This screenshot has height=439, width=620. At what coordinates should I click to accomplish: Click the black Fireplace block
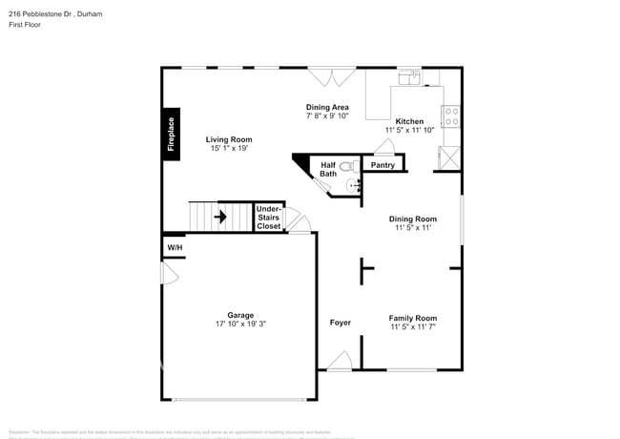(172, 134)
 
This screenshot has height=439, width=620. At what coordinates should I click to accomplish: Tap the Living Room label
(229, 139)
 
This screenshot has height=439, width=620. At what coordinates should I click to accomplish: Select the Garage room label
(240, 314)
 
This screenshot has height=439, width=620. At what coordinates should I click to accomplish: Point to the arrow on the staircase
(219, 217)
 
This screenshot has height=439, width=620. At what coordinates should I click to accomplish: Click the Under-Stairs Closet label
(269, 217)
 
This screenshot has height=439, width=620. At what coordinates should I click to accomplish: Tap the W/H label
(175, 248)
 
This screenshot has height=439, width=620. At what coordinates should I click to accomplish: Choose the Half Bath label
(328, 169)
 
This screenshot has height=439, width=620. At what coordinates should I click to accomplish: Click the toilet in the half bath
(349, 166)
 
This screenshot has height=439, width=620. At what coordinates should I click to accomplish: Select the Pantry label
(382, 165)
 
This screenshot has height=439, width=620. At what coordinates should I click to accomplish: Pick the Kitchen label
(410, 121)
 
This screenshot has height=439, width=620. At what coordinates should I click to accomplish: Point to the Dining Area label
(327, 107)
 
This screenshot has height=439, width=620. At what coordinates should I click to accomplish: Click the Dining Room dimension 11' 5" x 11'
(414, 228)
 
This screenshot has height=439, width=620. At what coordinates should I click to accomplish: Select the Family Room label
(413, 318)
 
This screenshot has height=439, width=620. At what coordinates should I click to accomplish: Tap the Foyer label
(341, 323)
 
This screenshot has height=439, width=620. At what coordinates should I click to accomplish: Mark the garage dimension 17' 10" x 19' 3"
(240, 324)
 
